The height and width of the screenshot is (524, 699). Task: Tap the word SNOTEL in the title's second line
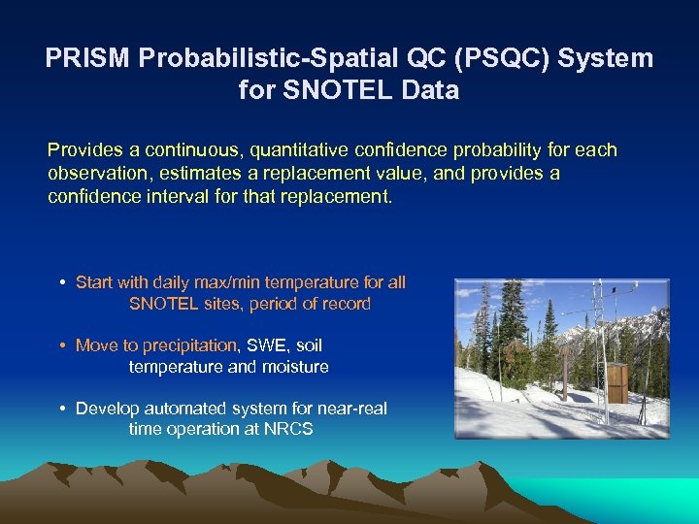tap(329, 91)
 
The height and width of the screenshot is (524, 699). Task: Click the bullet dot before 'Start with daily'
tap(62, 282)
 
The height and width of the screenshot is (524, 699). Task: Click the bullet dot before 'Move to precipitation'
tap(62, 345)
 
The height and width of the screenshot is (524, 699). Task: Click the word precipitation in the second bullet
tap(190, 345)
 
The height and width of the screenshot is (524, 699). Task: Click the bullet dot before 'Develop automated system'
tap(62, 409)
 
